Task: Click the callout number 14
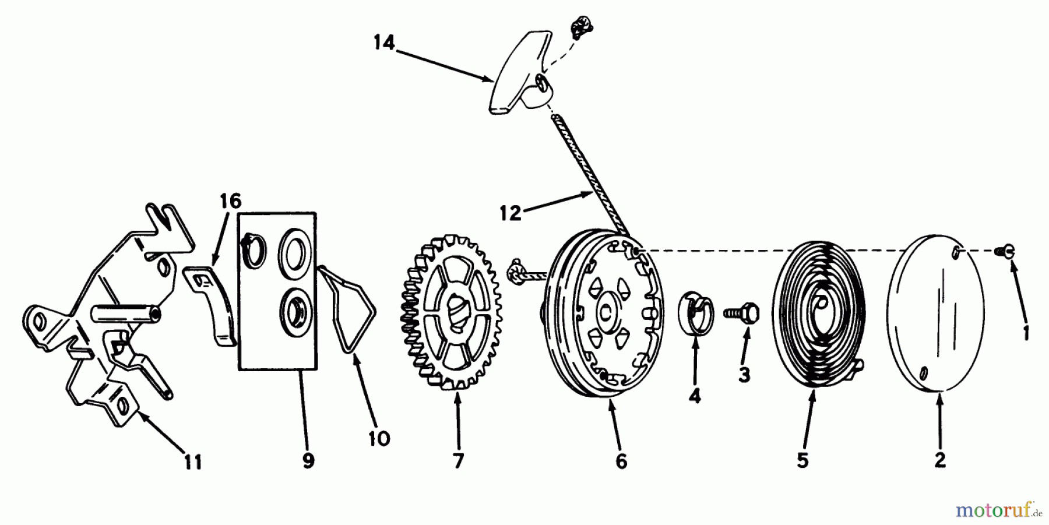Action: [x=384, y=43]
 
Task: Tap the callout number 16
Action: [x=230, y=202]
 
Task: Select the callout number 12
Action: [x=510, y=213]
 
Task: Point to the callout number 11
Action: [x=193, y=463]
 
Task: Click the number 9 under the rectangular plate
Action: [x=308, y=461]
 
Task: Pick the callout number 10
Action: [x=379, y=438]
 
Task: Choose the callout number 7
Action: [x=458, y=461]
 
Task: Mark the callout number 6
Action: [x=621, y=461]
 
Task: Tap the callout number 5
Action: [x=802, y=461]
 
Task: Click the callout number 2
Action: [x=939, y=460]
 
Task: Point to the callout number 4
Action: [x=694, y=396]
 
